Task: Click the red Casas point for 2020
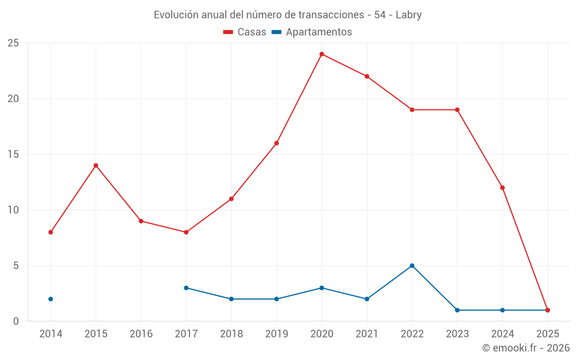321,54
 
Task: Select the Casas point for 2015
96,165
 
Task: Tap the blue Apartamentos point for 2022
412,266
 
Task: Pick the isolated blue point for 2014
51,299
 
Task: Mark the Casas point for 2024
502,188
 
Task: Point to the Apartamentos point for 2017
186,288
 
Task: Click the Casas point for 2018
231,199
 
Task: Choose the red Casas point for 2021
367,77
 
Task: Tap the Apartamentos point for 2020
321,288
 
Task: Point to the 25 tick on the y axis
13,43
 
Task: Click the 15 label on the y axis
13,154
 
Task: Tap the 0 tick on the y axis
16,321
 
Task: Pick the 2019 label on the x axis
276,334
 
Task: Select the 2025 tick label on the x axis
547,334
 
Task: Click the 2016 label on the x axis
141,334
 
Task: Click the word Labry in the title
408,15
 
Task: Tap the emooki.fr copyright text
525,348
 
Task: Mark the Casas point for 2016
141,221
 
